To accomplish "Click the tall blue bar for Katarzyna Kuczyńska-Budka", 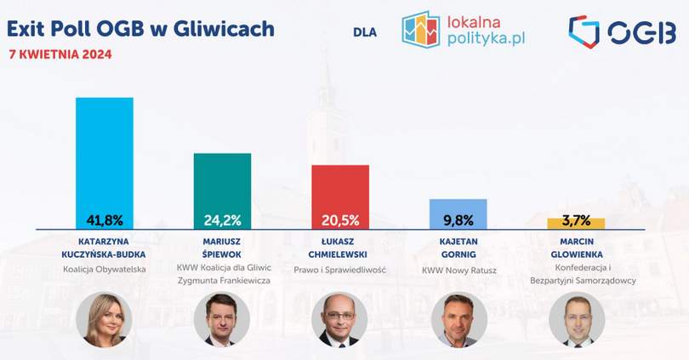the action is point(105,163).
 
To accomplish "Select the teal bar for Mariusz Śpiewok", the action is point(222,191).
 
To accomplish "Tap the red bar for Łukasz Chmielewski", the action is point(340,197).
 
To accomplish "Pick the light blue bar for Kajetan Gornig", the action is point(458,214).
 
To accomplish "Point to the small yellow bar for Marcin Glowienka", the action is point(576,223).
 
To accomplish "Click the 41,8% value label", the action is point(105,220).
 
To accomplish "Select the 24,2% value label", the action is point(222,220).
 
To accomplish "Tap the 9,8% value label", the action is point(458,220).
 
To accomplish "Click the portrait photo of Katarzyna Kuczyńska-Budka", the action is point(104,319).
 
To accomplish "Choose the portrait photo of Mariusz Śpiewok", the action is point(222,319).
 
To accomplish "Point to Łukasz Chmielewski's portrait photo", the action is point(339,319).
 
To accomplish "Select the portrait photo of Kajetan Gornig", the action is point(459,319).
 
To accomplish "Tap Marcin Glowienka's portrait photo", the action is point(577,319).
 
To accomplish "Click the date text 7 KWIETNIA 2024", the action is point(60,54).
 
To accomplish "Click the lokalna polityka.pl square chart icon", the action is point(420,30).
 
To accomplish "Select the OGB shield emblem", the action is point(584,31).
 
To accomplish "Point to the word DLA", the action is point(365,32).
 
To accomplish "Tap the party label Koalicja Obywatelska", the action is point(104,269).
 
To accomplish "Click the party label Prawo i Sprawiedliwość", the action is point(339,270).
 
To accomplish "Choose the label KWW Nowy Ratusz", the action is point(459,271).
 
